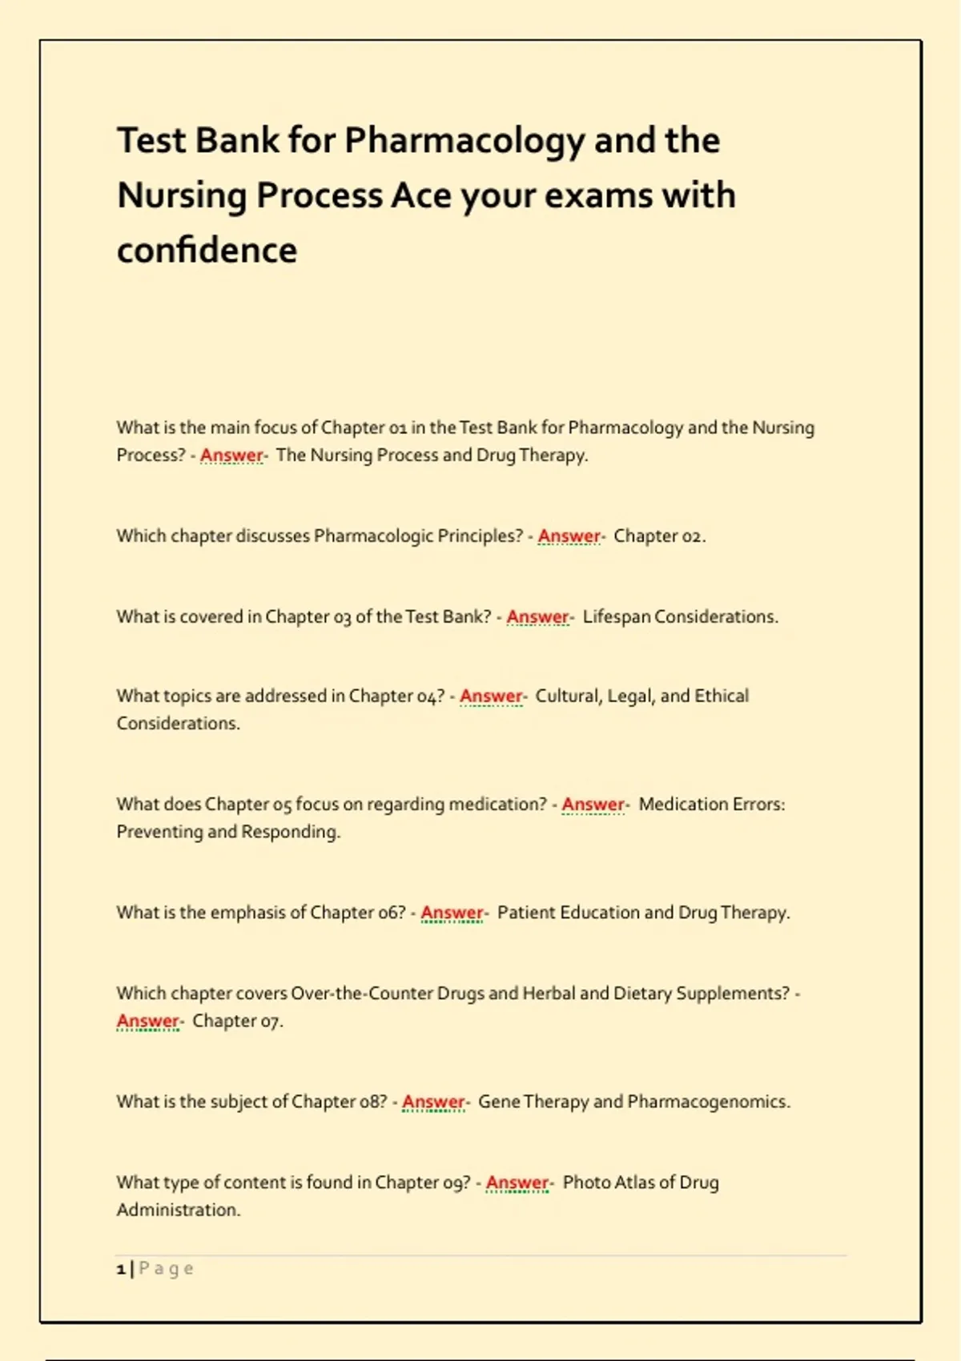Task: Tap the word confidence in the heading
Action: pos(207,251)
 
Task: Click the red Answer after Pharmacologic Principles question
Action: pos(569,536)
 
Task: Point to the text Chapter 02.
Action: pos(659,536)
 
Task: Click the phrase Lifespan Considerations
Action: pos(680,616)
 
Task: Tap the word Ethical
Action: pos(722,696)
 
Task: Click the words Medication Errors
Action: pos(711,804)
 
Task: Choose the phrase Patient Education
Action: pos(568,913)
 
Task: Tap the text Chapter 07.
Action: pos(237,1021)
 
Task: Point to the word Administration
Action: pos(178,1210)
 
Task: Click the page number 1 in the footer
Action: pos(121,1269)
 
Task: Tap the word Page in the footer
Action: pos(166,1269)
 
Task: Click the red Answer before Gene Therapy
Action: pos(433,1102)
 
